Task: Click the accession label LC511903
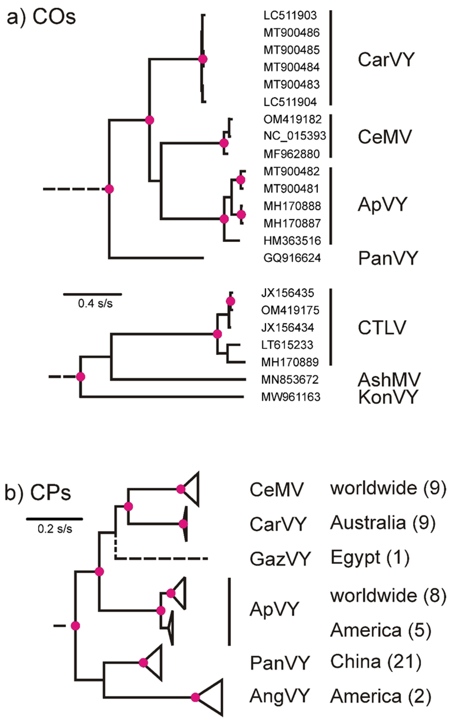[290, 15]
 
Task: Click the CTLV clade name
[382, 327]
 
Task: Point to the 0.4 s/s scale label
[95, 304]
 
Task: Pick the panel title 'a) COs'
[41, 17]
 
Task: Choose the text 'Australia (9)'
[382, 523]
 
